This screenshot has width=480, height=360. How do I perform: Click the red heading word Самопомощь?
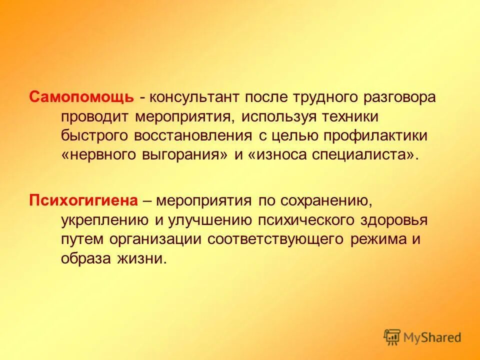coord(81,97)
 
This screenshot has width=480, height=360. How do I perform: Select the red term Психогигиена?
coord(83,201)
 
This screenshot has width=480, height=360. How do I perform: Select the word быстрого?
coord(94,135)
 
